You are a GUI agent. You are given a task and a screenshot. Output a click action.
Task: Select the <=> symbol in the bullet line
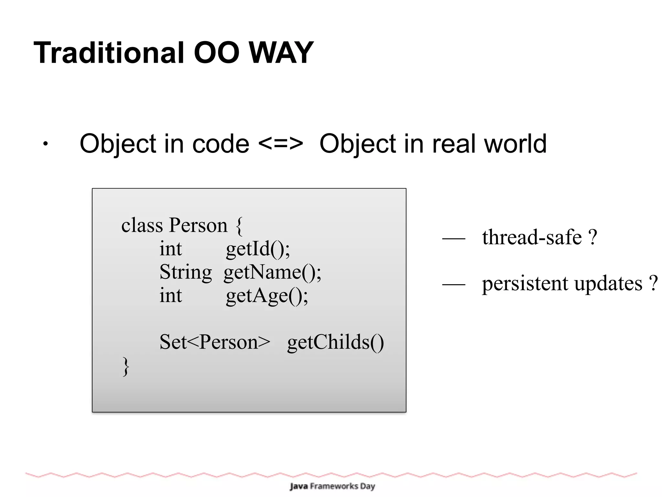click(x=281, y=144)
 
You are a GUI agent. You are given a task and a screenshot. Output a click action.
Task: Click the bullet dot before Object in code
click(x=46, y=144)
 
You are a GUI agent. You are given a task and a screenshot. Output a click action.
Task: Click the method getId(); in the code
click(x=258, y=249)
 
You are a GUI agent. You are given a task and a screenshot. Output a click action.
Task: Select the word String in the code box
click(x=186, y=272)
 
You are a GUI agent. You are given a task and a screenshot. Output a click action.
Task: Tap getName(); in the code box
click(x=272, y=273)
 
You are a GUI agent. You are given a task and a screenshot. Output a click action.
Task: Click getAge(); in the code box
click(x=267, y=296)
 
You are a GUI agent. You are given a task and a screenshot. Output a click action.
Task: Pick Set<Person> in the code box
click(x=215, y=342)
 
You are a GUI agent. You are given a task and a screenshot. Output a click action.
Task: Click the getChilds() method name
click(x=335, y=342)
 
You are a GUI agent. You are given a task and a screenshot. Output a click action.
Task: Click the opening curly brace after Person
click(x=239, y=226)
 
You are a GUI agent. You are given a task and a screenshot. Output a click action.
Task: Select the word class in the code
click(x=142, y=225)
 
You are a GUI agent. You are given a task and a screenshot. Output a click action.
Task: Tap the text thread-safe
click(x=532, y=237)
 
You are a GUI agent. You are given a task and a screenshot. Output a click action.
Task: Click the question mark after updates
click(x=653, y=283)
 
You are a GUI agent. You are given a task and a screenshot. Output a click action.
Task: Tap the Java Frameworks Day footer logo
click(x=332, y=486)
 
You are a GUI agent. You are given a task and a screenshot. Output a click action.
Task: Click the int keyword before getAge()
click(x=170, y=296)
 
